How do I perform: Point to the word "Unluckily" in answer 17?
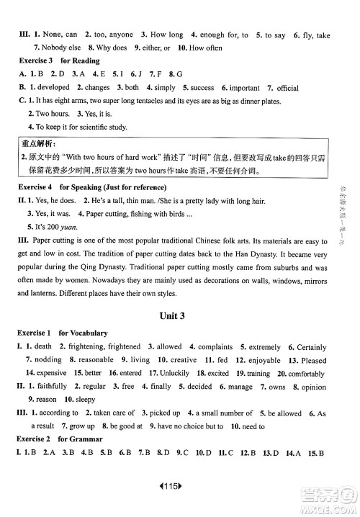174,373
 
